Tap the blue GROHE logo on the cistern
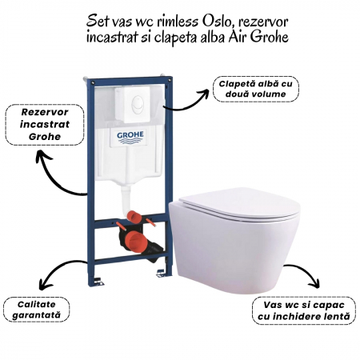(x=130, y=137)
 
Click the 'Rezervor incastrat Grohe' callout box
(x=45, y=125)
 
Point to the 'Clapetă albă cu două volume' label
(x=256, y=89)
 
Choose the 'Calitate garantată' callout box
(x=37, y=310)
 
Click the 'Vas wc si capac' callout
(x=304, y=310)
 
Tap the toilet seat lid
(x=238, y=204)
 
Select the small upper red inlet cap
(x=135, y=216)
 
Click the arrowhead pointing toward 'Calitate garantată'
(x=42, y=284)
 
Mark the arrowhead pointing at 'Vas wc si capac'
(x=315, y=282)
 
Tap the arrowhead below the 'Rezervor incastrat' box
(x=42, y=154)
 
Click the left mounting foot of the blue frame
(x=98, y=281)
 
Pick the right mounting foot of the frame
(x=161, y=273)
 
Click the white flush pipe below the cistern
(x=126, y=198)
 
